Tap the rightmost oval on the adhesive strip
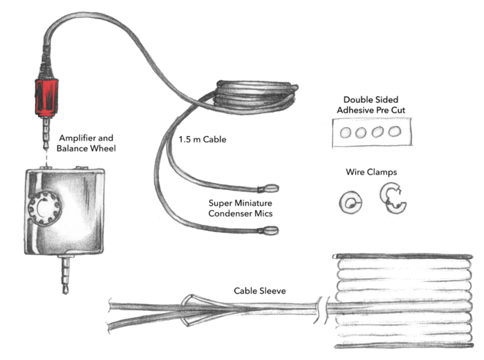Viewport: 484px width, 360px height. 394,131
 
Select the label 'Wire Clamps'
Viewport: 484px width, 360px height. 371,171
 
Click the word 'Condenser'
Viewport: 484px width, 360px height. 232,214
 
